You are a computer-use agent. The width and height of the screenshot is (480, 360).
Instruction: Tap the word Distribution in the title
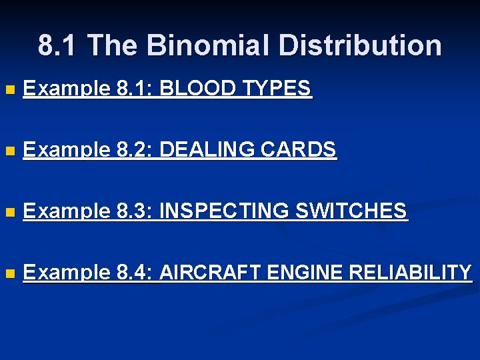tap(360, 46)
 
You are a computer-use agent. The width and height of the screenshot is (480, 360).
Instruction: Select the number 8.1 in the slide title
tap(58, 46)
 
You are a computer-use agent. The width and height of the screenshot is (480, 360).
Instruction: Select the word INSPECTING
tap(224, 211)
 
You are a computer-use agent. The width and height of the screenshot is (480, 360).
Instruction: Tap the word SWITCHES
tap(351, 211)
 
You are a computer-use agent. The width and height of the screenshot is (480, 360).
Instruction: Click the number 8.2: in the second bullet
tap(136, 150)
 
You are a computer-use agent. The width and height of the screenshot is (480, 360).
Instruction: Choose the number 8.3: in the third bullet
tap(136, 211)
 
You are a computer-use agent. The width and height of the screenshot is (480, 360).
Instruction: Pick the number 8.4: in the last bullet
tap(136, 273)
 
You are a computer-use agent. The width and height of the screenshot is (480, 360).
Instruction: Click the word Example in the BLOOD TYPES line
tap(66, 89)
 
